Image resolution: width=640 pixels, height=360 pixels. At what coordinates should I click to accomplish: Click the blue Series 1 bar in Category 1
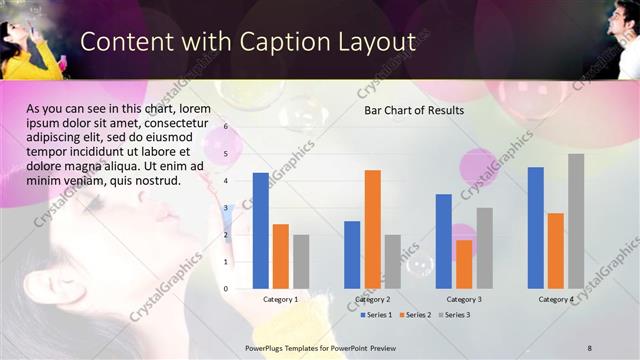[260, 230]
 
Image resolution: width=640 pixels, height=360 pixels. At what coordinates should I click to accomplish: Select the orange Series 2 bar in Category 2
[372, 229]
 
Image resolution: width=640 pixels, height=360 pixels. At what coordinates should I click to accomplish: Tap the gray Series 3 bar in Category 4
[576, 221]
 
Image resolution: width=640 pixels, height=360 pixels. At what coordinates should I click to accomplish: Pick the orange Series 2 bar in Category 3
[464, 264]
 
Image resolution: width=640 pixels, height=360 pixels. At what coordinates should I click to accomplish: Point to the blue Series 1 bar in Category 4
[536, 228]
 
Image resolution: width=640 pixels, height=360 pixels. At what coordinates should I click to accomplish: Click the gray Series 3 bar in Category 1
[300, 261]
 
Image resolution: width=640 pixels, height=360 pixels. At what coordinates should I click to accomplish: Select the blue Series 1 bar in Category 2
[352, 254]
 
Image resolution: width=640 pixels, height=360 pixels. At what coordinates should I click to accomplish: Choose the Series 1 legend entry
[376, 315]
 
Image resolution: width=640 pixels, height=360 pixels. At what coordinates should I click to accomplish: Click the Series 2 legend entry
[416, 315]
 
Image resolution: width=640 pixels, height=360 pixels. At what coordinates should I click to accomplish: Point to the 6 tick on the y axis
[226, 127]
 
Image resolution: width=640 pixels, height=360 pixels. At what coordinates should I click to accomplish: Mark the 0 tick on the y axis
[226, 289]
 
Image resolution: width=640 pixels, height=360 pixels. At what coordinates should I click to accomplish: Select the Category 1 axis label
[280, 299]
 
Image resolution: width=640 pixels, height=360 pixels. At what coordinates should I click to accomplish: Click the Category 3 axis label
[464, 299]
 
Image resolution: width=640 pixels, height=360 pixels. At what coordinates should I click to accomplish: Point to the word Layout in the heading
[374, 42]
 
